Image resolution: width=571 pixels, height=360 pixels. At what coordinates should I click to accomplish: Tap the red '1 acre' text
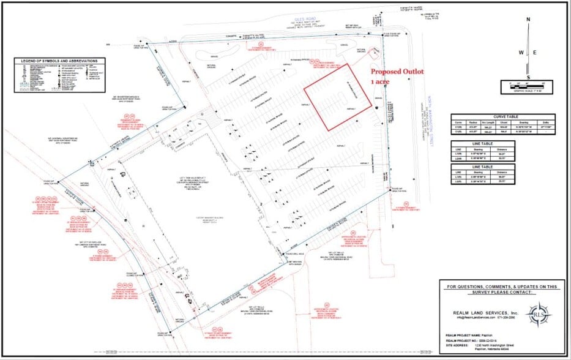383,80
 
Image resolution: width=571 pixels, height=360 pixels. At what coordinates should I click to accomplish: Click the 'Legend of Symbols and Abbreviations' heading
61,61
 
